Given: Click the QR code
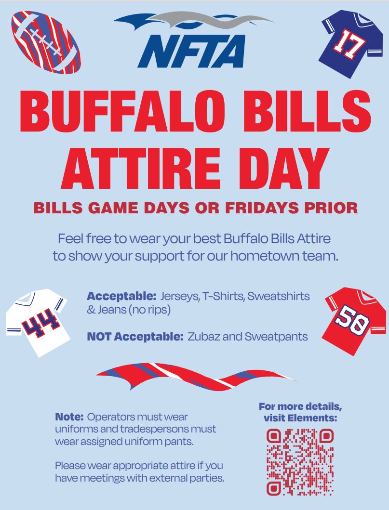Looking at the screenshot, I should click(300, 462).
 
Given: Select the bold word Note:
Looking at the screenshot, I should click(70, 416).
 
